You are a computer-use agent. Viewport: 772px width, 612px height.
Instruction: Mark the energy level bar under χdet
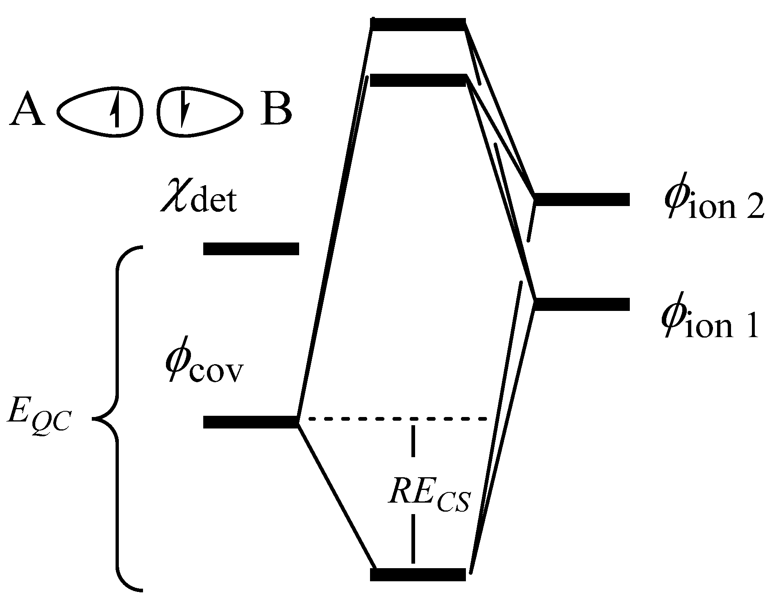[x=251, y=249]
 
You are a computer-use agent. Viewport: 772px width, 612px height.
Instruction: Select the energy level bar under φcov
[x=250, y=422]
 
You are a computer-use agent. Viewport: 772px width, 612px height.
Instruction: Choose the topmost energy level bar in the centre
[x=418, y=24]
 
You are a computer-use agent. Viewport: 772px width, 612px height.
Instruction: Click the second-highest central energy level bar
[x=418, y=80]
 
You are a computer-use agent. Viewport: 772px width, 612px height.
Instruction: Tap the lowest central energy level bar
[x=418, y=574]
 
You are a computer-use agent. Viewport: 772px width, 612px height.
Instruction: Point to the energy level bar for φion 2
[x=582, y=199]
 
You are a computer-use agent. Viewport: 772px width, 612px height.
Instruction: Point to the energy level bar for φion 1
[x=582, y=304]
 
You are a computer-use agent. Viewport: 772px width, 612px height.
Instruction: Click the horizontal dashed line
[x=397, y=419]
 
